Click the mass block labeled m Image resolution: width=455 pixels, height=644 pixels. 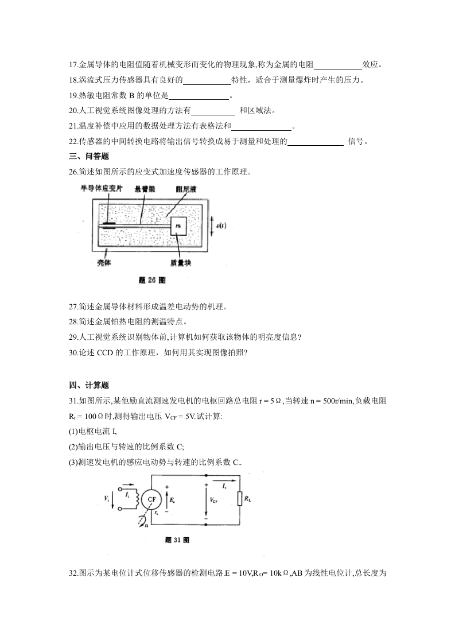point(178,228)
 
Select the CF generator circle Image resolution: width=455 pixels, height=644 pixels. point(152,499)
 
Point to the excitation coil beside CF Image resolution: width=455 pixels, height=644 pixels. point(138,499)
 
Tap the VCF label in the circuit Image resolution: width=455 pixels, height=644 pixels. point(213,500)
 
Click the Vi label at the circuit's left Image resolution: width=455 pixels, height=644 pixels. point(107,498)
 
